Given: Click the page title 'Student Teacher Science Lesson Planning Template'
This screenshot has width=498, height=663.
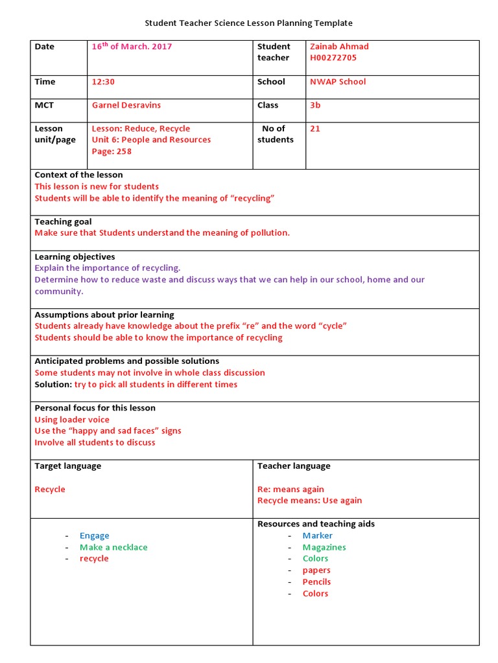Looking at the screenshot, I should (x=248, y=23).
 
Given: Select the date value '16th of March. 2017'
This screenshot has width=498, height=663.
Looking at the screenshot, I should (x=132, y=47).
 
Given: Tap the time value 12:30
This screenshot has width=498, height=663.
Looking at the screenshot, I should (x=103, y=82).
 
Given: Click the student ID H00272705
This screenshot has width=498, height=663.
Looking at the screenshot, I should (x=333, y=58).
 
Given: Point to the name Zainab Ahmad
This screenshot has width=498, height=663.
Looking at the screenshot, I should (x=339, y=47).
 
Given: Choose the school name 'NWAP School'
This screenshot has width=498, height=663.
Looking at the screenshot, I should (x=338, y=82).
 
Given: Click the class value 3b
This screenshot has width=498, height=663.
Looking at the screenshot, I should (x=315, y=105).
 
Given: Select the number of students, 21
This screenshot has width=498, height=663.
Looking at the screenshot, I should (x=315, y=128).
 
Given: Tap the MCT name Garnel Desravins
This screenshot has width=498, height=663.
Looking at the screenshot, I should (x=126, y=105).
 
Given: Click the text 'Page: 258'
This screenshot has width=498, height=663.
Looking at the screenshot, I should (x=112, y=152).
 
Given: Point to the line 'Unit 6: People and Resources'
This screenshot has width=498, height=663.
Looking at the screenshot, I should (x=151, y=140).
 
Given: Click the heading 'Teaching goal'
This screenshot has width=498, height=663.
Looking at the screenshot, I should (x=63, y=221).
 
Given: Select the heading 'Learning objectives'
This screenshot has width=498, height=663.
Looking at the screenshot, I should (x=75, y=256).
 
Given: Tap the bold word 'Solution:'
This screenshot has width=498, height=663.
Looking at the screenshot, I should (x=53, y=385).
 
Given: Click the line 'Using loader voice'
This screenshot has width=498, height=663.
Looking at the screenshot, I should (x=72, y=420).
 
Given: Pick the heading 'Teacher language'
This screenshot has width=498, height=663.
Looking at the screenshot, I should (x=294, y=466).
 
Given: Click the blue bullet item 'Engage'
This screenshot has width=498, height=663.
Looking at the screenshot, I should (x=95, y=535).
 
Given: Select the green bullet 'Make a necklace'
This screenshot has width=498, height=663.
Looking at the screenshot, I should (x=113, y=547).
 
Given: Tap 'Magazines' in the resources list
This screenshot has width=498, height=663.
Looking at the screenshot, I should (x=324, y=547).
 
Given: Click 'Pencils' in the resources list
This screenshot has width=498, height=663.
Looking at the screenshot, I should (x=316, y=582).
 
